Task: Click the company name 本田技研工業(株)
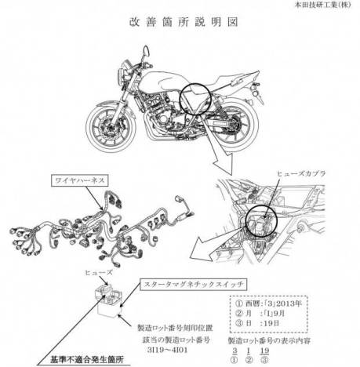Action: [320, 5]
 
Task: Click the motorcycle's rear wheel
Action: [242, 124]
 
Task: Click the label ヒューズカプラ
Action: [304, 171]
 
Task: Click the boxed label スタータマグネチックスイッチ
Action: [186, 280]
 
